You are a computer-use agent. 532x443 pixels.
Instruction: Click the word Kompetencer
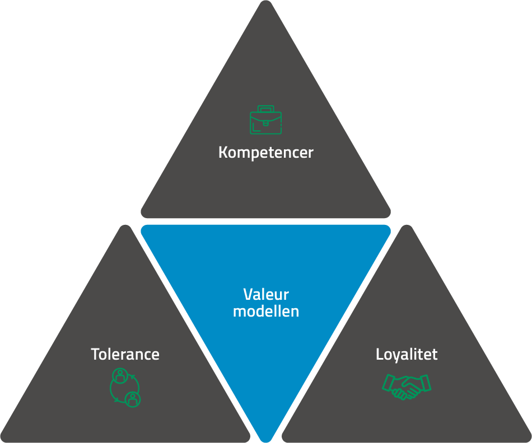click(x=265, y=152)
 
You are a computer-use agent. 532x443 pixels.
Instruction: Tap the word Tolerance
click(x=125, y=354)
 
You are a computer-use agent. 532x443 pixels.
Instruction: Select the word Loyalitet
click(x=407, y=354)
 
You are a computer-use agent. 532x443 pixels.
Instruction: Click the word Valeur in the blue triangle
click(x=266, y=295)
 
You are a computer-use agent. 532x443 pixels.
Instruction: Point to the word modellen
click(x=266, y=311)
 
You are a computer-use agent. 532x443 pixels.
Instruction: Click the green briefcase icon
click(x=265, y=120)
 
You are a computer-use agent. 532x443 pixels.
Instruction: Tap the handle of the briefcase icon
click(x=265, y=109)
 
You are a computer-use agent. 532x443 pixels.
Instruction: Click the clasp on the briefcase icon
click(x=265, y=119)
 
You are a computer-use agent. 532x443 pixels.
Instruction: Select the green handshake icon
click(x=407, y=387)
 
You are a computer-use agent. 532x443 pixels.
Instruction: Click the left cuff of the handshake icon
click(x=388, y=383)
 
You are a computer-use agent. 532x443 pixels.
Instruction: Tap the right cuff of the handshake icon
click(x=426, y=383)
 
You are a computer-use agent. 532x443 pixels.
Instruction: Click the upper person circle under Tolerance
click(x=119, y=375)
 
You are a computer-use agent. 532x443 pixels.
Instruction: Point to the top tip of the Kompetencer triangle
click(x=265, y=3)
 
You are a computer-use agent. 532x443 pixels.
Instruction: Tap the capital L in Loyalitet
click(x=379, y=354)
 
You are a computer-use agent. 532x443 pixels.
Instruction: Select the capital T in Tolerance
click(x=95, y=354)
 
